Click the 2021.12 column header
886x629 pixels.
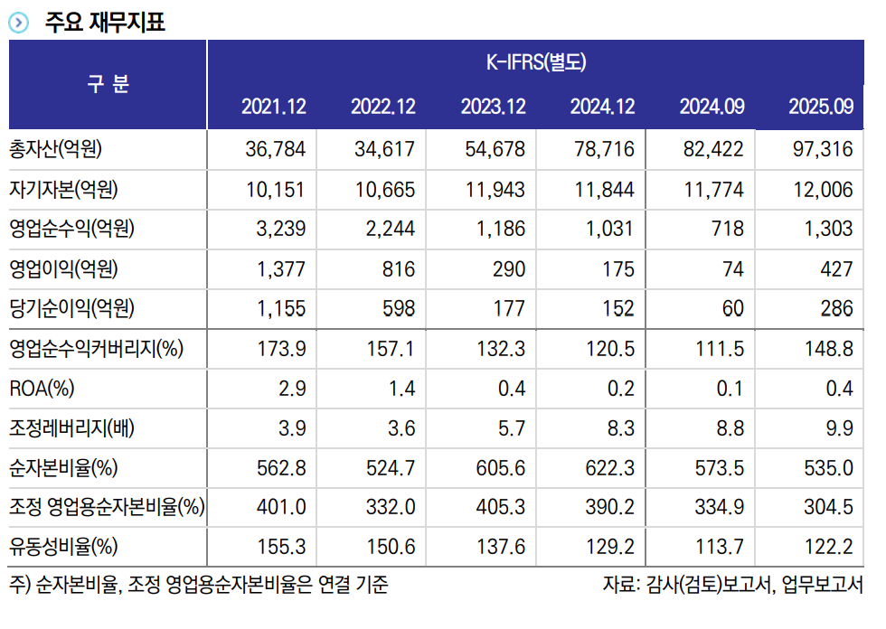(274, 107)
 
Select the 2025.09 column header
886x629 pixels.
(820, 107)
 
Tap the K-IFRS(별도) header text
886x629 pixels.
(536, 63)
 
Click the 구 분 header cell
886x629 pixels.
(108, 84)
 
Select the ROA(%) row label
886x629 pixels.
(42, 389)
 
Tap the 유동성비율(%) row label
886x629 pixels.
(62, 547)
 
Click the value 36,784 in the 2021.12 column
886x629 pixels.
(275, 149)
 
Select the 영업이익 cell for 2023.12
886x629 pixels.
(505, 269)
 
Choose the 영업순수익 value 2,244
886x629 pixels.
(384, 230)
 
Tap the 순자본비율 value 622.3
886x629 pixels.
(608, 468)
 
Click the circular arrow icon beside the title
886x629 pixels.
(18, 23)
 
